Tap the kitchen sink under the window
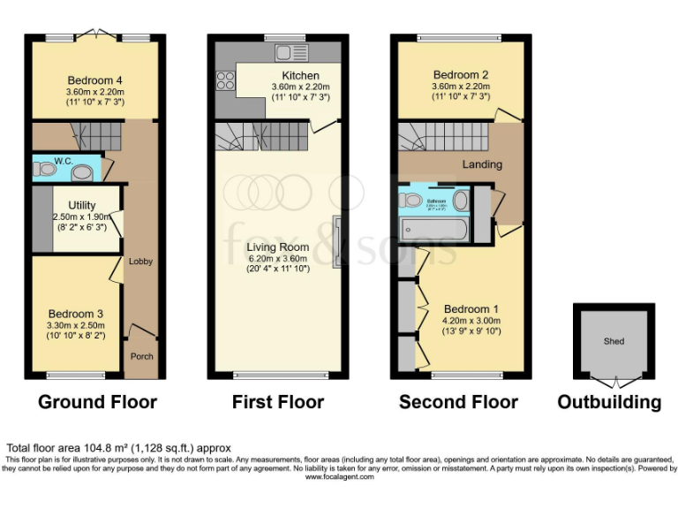(288, 50)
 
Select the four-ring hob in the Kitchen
(225, 80)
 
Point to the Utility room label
(82, 205)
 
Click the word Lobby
(141, 262)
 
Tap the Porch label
(141, 356)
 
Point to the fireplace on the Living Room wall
(337, 241)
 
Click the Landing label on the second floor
(482, 164)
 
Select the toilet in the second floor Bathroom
(411, 201)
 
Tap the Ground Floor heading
(97, 402)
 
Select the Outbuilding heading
(609, 402)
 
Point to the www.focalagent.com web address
(339, 476)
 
